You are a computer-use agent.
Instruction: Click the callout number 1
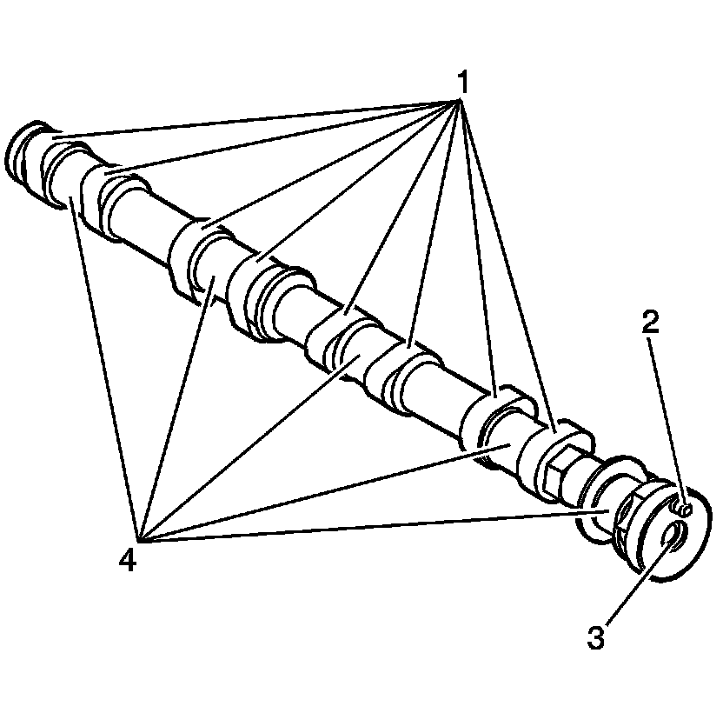point(462,83)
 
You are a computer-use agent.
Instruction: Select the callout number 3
point(595,637)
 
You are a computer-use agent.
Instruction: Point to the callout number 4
point(128,561)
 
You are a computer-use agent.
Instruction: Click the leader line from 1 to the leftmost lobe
point(261,118)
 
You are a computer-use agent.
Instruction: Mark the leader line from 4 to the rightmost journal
point(365,527)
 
